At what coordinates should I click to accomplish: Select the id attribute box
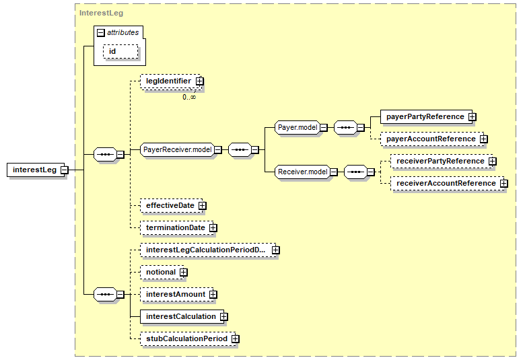pyautogui.click(x=120, y=52)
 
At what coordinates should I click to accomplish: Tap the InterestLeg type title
pyautogui.click(x=101, y=13)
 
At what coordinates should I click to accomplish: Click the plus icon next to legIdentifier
pyautogui.click(x=199, y=81)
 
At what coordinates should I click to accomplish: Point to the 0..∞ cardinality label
pyautogui.click(x=189, y=97)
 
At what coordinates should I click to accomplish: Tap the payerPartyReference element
pyautogui.click(x=426, y=116)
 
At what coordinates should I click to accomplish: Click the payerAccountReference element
pyautogui.click(x=432, y=139)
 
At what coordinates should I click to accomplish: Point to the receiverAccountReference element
pyautogui.click(x=448, y=183)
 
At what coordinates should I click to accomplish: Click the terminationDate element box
pyautogui.click(x=177, y=228)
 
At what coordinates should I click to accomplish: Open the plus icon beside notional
pyautogui.click(x=184, y=273)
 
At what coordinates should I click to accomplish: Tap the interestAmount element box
pyautogui.click(x=177, y=295)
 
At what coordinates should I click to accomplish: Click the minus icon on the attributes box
pyautogui.click(x=101, y=33)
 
